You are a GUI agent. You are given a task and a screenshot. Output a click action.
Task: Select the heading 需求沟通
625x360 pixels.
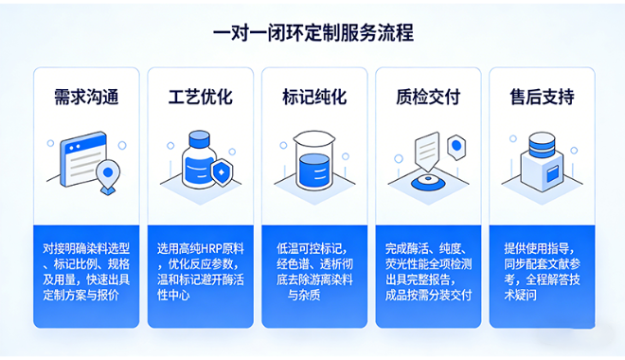pyautogui.click(x=85, y=97)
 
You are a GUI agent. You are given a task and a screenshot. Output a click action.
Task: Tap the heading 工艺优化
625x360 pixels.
pyautogui.click(x=200, y=97)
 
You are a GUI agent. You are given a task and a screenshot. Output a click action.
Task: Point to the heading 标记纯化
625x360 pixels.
pyautogui.click(x=313, y=97)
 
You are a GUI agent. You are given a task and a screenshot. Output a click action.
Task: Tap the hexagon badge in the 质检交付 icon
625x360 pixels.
pyautogui.click(x=457, y=146)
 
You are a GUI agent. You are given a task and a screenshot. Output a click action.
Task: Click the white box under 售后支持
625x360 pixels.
pyautogui.click(x=541, y=175)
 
